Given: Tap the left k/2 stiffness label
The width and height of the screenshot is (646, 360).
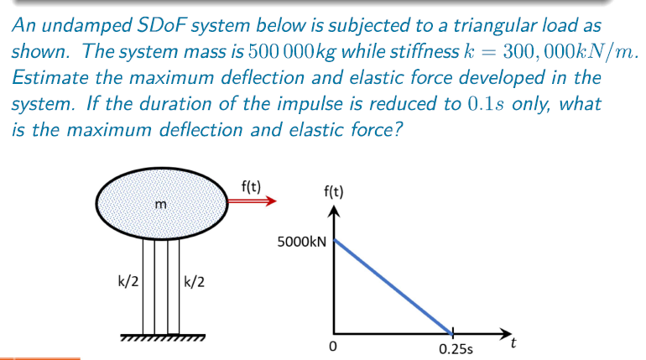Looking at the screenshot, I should [128, 281].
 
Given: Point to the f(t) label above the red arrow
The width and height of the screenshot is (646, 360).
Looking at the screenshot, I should [250, 185].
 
